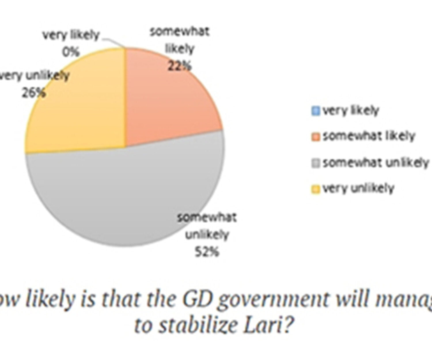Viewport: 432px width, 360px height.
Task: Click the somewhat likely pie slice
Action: (x=167, y=98)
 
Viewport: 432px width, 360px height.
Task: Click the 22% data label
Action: (x=179, y=67)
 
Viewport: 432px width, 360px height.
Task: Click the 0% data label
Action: (x=71, y=52)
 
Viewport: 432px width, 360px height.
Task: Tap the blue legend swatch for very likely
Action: (x=316, y=111)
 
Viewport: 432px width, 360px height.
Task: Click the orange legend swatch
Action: (x=316, y=137)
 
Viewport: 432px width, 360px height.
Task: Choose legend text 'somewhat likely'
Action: (x=369, y=136)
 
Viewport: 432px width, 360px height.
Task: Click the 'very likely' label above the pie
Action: (x=71, y=35)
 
